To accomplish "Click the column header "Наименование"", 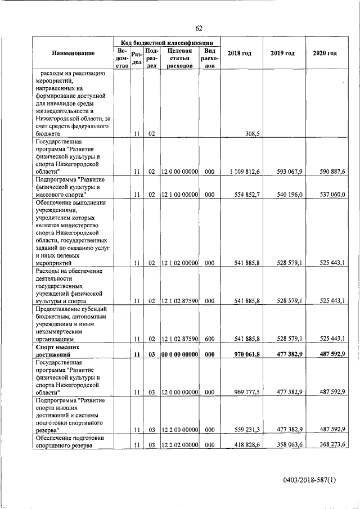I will click(x=73, y=53).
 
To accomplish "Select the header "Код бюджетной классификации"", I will click(x=166, y=42).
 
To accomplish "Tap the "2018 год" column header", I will click(x=239, y=53).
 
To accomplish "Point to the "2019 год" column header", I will click(x=282, y=53).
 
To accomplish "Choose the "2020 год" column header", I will click(x=325, y=53).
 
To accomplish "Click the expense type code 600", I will click(x=209, y=339).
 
